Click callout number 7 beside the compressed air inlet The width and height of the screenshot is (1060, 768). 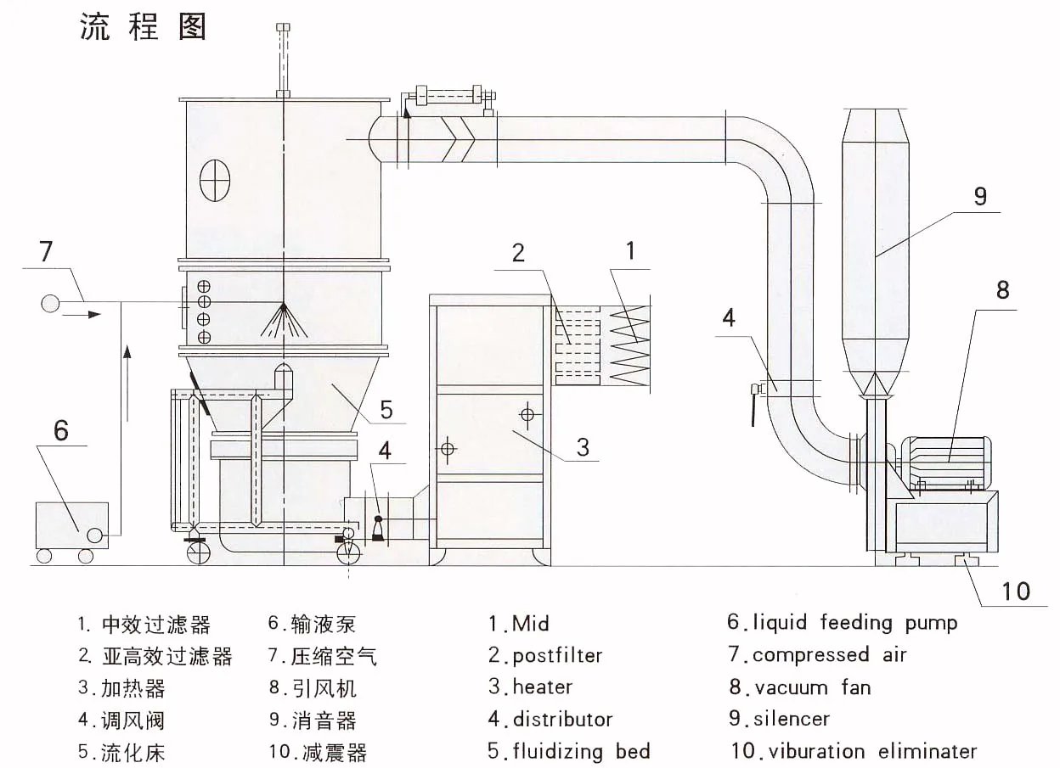[x=46, y=251]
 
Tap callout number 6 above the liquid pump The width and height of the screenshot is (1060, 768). [x=60, y=430]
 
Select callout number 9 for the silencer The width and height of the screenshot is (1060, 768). [x=980, y=196]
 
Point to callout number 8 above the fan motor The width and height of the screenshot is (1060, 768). [x=1002, y=289]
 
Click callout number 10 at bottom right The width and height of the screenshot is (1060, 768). [x=1016, y=590]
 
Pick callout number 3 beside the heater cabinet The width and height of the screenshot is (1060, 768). [x=583, y=446]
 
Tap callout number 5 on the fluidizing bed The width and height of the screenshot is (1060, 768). [x=386, y=411]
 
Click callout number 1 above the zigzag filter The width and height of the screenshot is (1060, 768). [x=629, y=250]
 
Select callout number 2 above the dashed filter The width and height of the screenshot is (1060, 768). [x=518, y=252]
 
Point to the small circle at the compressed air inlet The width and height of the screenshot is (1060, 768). [x=50, y=303]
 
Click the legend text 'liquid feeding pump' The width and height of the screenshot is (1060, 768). [x=854, y=623]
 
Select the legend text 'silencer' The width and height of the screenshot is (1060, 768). [x=791, y=720]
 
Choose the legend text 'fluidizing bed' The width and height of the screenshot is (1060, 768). [x=581, y=751]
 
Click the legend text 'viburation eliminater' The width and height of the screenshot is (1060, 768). [x=865, y=751]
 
